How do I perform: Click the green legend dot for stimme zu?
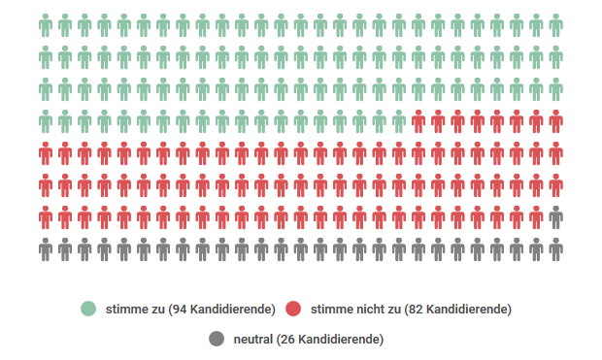[x=88, y=309]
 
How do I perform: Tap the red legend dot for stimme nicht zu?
[x=293, y=309]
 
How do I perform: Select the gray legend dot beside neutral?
[x=217, y=339]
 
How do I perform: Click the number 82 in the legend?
[x=415, y=309]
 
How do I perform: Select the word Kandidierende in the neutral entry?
[x=340, y=339]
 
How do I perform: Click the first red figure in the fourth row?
[x=418, y=122]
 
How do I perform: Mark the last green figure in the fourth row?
[x=399, y=122]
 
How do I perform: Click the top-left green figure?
[x=46, y=26]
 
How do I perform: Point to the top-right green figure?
[x=555, y=26]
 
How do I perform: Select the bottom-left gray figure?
[x=46, y=249]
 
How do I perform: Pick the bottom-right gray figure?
[x=555, y=249]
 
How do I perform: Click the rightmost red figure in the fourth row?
[x=555, y=122]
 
